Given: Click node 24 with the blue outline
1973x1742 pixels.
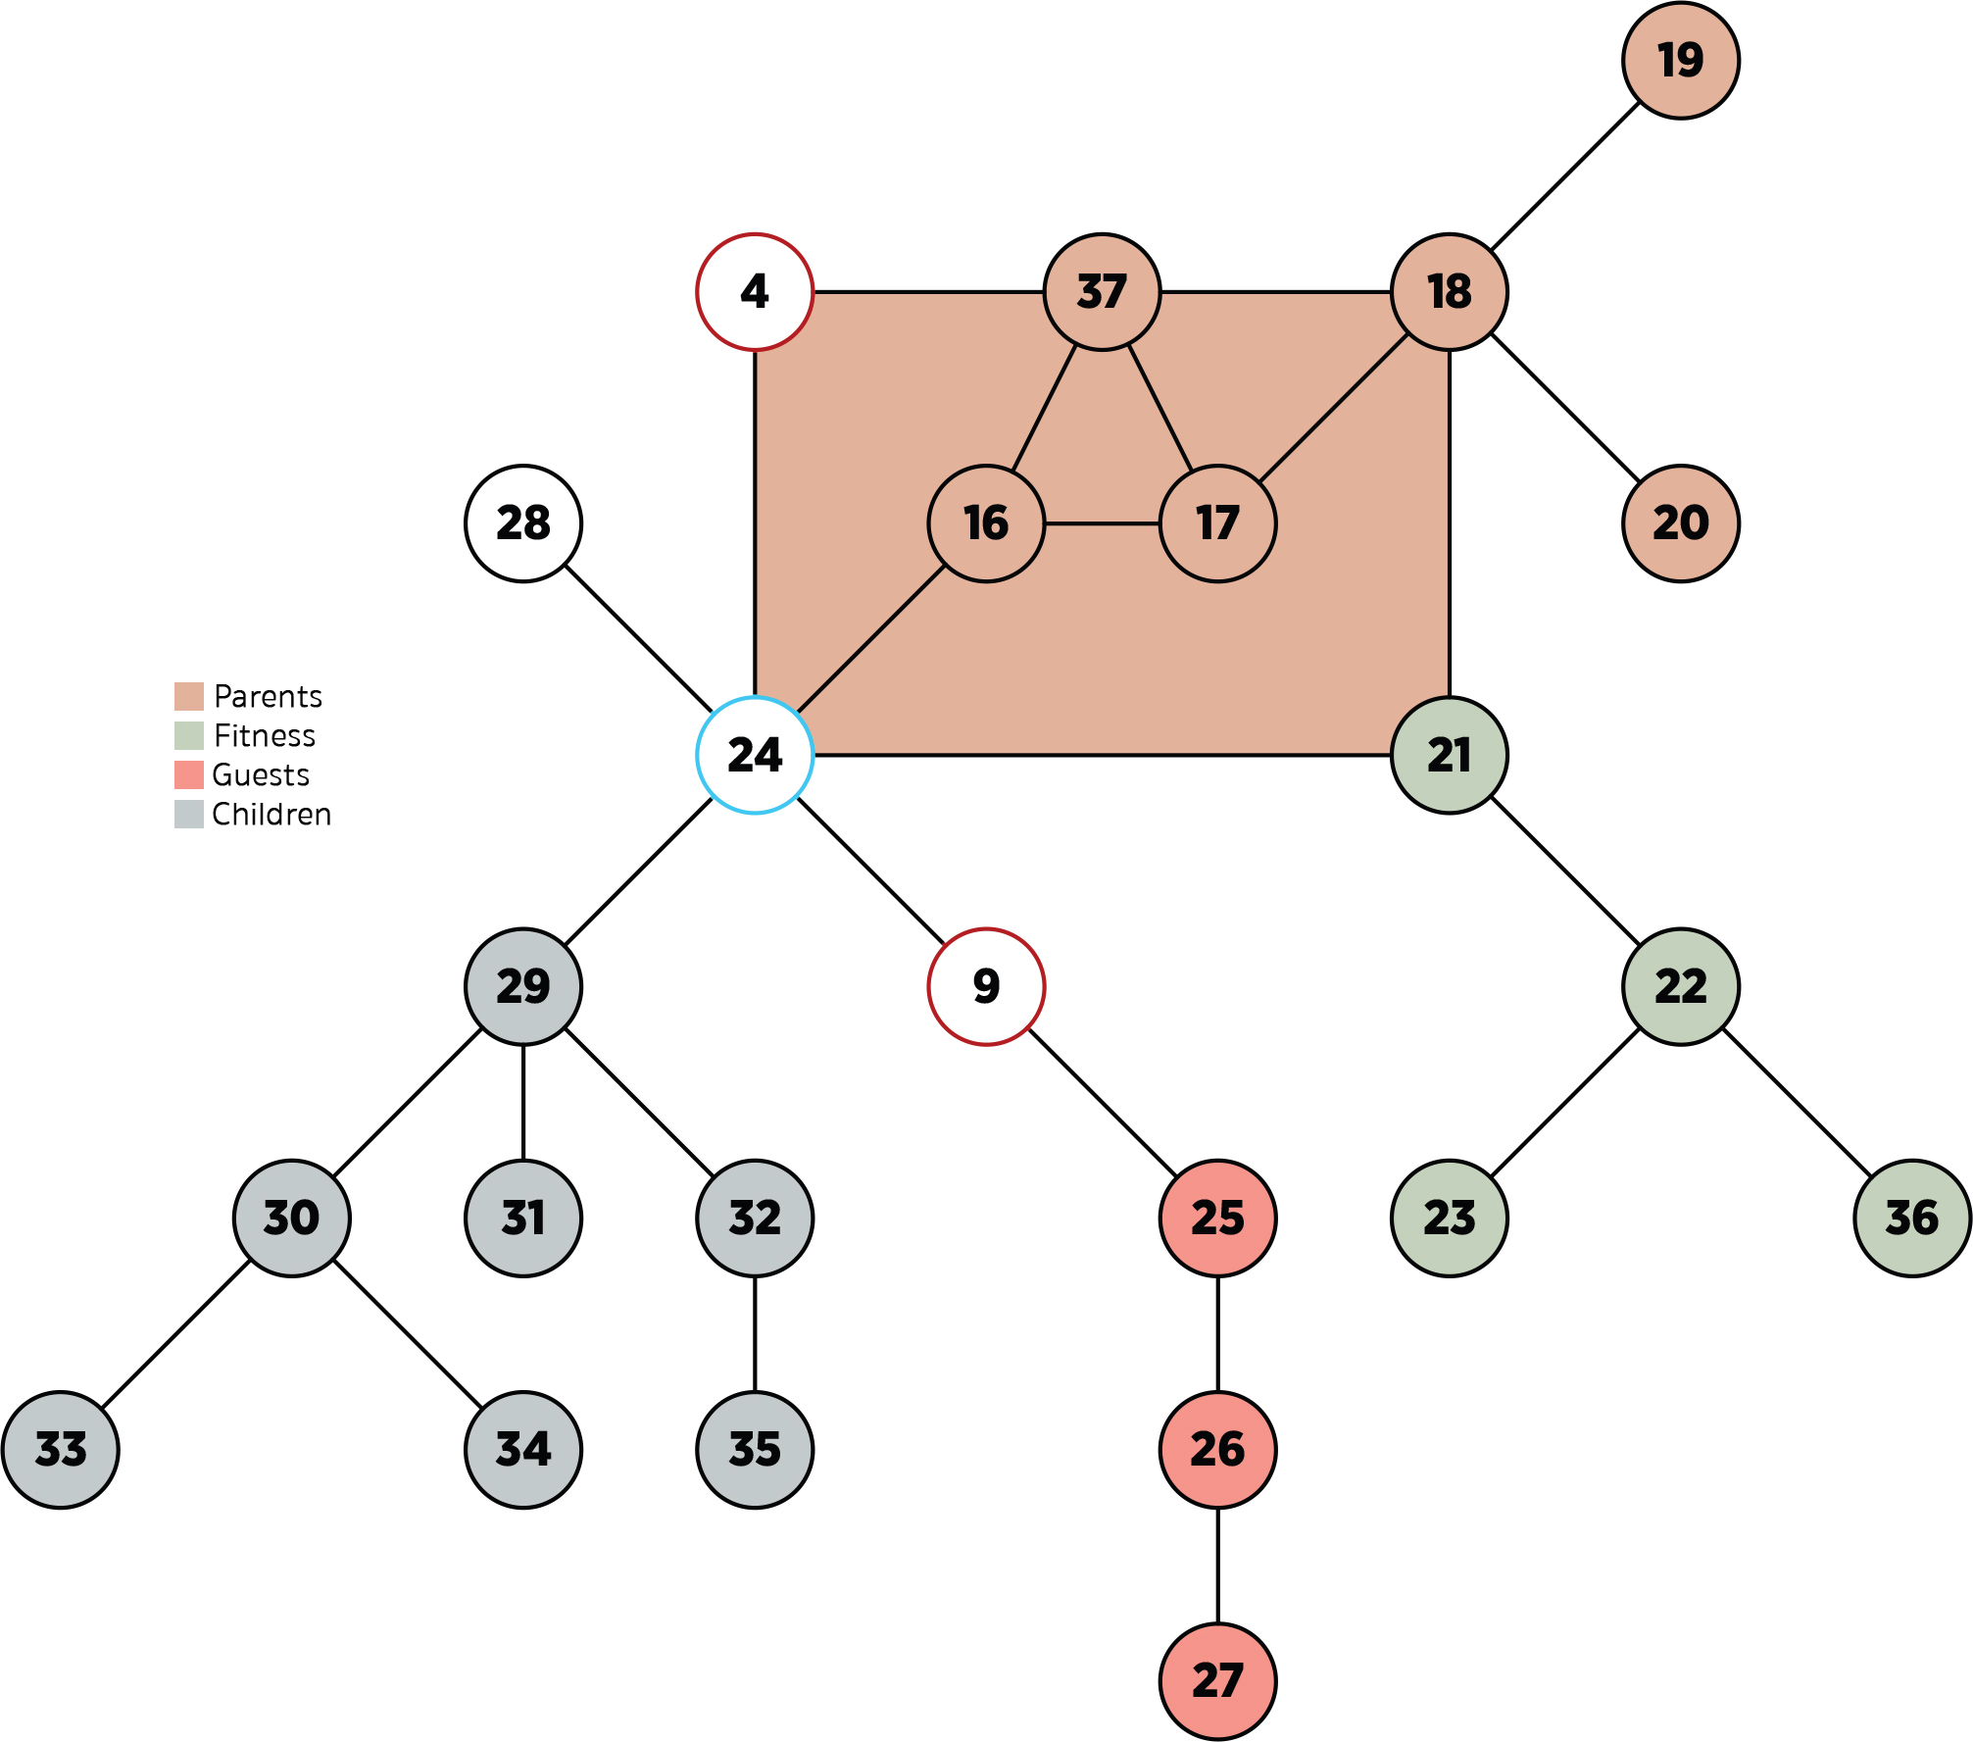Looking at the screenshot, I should tap(755, 755).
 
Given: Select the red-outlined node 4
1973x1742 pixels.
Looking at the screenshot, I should tap(755, 292).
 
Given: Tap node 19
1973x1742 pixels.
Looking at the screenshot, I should tap(1680, 61).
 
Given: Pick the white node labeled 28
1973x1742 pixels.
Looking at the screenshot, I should tap(523, 523).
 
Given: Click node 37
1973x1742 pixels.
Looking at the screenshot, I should tap(1102, 292).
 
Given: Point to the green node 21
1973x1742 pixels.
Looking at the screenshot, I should tap(1449, 755).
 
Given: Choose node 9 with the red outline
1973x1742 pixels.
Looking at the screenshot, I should tap(986, 986).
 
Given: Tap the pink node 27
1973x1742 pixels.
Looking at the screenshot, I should tap(1217, 1680).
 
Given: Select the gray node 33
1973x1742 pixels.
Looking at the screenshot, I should tap(61, 1449).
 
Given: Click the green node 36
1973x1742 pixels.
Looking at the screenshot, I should tap(1911, 1218).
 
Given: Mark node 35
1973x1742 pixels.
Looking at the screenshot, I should tap(755, 1449).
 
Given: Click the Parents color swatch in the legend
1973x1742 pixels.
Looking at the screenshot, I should tap(189, 696).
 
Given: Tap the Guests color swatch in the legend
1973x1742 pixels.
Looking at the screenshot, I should tap(189, 774).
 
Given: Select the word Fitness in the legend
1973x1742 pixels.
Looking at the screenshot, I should tap(265, 735).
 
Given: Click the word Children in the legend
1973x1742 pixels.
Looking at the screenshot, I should tap(271, 814).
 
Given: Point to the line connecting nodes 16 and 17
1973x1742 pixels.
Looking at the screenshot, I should tap(1102, 523).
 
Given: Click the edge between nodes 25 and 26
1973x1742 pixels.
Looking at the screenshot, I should tap(1217, 1333).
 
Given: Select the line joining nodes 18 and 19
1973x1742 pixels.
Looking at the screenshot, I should tap(1564, 176).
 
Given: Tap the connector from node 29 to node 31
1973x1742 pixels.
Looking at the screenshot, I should tap(523, 1102).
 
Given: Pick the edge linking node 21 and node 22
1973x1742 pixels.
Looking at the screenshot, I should tap(1564, 871).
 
